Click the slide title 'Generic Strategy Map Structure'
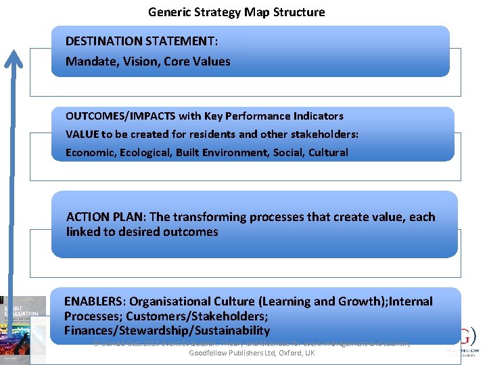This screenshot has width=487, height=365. [x=237, y=12]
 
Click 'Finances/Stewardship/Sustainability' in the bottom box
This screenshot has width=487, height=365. [x=166, y=331]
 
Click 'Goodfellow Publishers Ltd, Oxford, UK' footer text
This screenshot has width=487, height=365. [x=252, y=353]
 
